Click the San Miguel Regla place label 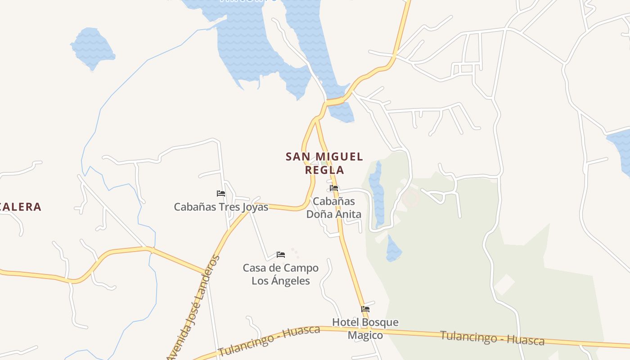pyautogui.click(x=324, y=163)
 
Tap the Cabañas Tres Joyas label pyautogui.click(x=221, y=207)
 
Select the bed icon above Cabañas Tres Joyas pyautogui.click(x=221, y=193)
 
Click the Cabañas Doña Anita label pyautogui.click(x=334, y=207)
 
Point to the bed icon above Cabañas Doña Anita pyautogui.click(x=334, y=188)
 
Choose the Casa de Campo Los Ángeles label pyautogui.click(x=281, y=274)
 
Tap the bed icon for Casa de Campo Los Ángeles pyautogui.click(x=281, y=255)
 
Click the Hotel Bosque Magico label pyautogui.click(x=365, y=328)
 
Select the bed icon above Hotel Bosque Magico pyautogui.click(x=365, y=309)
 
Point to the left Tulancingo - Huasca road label pyautogui.click(x=269, y=341)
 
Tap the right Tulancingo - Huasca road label pyautogui.click(x=492, y=337)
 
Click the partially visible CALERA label pyautogui.click(x=21, y=207)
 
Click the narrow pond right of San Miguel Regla pyautogui.click(x=377, y=193)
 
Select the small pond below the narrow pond pyautogui.click(x=393, y=249)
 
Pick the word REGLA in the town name pyautogui.click(x=324, y=170)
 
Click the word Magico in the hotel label pyautogui.click(x=365, y=335)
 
